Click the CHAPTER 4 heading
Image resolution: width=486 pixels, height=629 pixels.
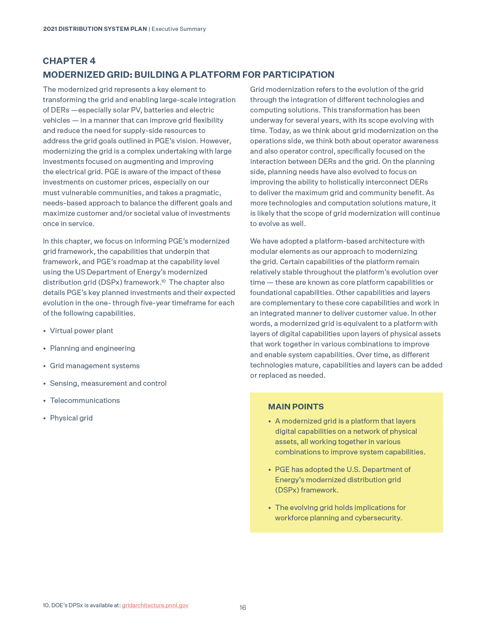point(69,61)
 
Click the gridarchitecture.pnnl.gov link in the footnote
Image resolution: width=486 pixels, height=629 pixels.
point(155,605)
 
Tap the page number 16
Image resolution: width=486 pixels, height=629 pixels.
point(243,608)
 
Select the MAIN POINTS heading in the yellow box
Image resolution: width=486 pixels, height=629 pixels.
point(296,407)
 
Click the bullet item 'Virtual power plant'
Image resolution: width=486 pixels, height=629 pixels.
point(81,331)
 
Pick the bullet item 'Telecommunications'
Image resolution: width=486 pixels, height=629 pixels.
point(85,401)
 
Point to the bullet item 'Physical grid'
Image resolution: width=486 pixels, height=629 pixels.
point(71,418)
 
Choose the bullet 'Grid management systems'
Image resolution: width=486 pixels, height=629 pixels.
point(95,366)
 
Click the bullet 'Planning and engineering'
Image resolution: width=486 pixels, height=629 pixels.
point(92,348)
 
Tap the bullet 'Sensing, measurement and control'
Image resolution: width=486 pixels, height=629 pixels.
point(108,383)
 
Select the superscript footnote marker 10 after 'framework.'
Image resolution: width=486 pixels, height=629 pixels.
point(163,281)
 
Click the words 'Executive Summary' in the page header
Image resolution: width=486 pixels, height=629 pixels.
point(178,29)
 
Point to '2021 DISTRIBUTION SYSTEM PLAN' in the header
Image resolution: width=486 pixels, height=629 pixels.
point(95,29)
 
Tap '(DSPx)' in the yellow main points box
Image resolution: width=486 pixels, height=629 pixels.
point(287,490)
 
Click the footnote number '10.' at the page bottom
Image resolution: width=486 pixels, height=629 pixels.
point(46,605)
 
